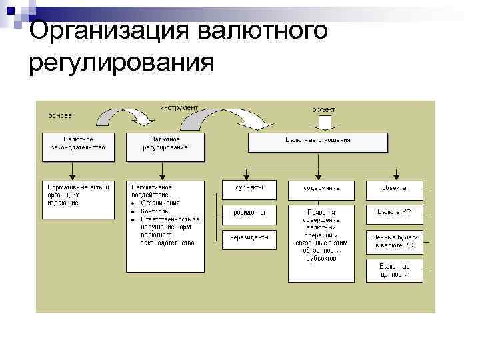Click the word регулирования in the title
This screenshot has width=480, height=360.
point(122,63)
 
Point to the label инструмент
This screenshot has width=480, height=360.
point(179,107)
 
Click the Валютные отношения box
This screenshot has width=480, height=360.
point(317,142)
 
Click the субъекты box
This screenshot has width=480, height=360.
point(249,189)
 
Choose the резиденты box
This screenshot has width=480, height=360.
point(249,213)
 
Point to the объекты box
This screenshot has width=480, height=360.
point(394,189)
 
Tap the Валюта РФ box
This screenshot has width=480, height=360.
point(394,213)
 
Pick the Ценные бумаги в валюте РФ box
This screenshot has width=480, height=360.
point(394,241)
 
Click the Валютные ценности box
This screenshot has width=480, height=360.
point(394,269)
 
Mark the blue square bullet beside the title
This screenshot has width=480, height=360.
point(15,11)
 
